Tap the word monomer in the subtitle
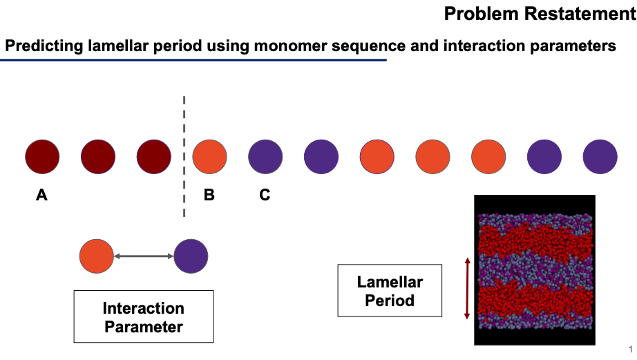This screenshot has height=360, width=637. click(292, 46)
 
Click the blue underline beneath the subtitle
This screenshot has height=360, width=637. click(193, 60)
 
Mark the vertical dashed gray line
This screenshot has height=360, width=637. click(184, 156)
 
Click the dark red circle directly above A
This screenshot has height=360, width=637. click(42, 157)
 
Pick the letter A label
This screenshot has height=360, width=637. click(41, 196)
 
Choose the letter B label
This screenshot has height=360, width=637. click(209, 196)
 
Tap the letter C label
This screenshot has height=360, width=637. click(265, 196)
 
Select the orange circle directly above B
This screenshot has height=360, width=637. click(209, 157)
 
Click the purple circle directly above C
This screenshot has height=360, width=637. click(265, 157)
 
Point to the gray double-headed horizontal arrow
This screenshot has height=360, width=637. click(144, 256)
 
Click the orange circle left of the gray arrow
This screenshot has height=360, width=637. click(96, 256)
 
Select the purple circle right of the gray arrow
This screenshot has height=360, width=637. click(191, 256)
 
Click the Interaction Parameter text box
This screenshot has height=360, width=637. click(144, 317)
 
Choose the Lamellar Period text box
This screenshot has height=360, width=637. click(390, 291)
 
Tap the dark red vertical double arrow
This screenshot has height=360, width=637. click(468, 288)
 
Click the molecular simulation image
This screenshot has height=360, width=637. click(535, 269)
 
